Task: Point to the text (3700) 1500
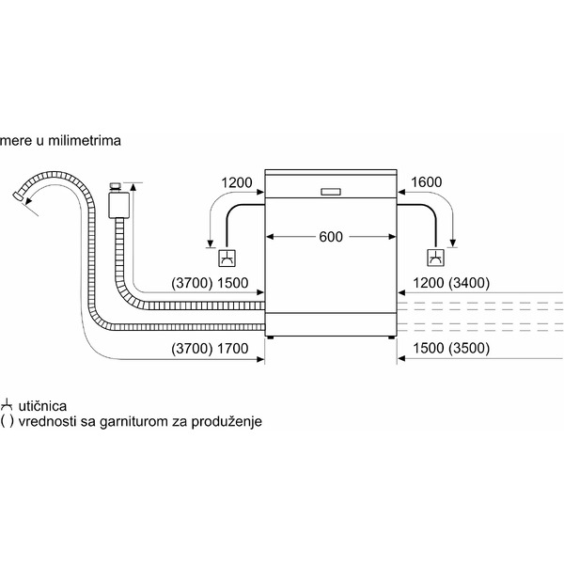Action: click(210, 283)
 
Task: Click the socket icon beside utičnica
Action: click(8, 405)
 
